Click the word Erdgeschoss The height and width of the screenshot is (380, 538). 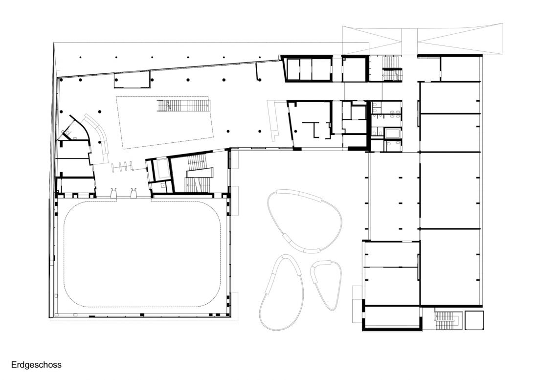[x=36, y=364]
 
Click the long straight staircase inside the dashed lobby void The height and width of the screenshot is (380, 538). [x=183, y=106]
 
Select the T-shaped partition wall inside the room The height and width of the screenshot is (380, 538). [x=314, y=129]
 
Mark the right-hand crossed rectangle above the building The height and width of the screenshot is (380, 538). [x=460, y=39]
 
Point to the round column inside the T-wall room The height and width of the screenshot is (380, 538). [x=295, y=131]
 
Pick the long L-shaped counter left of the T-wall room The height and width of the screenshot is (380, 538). [x=274, y=120]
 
